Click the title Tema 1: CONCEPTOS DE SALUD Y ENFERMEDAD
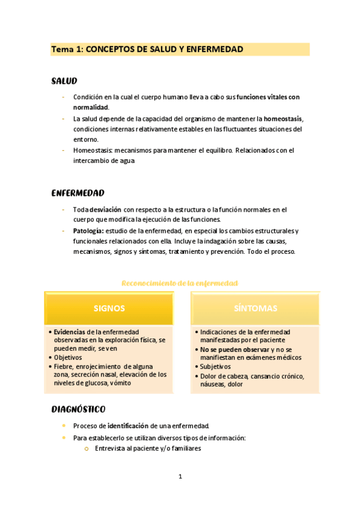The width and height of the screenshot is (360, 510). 147,49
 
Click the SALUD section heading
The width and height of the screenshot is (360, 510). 64,81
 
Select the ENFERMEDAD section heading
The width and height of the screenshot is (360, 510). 78,193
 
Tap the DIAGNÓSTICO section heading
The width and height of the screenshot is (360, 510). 78,410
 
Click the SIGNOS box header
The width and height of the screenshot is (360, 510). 109,309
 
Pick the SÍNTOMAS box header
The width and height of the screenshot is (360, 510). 255,309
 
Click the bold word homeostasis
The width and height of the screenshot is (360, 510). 283,118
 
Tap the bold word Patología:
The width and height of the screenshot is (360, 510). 88,231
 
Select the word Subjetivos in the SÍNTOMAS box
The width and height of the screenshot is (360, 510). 215,366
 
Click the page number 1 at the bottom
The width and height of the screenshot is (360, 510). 180,477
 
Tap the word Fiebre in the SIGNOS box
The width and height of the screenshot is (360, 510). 63,366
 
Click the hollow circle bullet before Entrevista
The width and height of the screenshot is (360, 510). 87,449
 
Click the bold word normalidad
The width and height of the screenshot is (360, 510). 91,107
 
